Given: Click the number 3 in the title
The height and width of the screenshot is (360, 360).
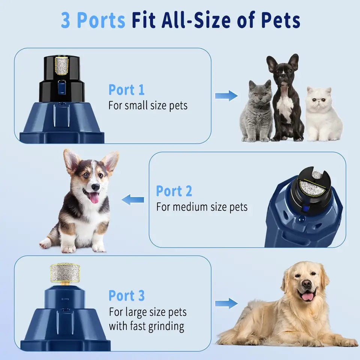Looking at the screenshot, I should pos(66,20).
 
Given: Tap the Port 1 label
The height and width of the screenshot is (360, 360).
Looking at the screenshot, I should pos(126,90).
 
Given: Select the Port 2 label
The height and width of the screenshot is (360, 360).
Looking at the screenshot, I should pos(174,191).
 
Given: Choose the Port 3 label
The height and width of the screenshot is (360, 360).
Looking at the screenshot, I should pos(126,295).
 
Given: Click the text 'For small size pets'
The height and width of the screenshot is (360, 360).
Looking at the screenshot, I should pos(148,105).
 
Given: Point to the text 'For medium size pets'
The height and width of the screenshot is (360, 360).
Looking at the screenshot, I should pos(202,207).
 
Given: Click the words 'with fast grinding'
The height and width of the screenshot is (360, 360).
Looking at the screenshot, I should pos(147,326).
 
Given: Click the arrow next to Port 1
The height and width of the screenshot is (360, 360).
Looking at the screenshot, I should pos(226,96).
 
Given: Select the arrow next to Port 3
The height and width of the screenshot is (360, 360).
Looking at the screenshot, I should pos(226,303).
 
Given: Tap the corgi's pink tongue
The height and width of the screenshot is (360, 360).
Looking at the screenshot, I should pos(94,197).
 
